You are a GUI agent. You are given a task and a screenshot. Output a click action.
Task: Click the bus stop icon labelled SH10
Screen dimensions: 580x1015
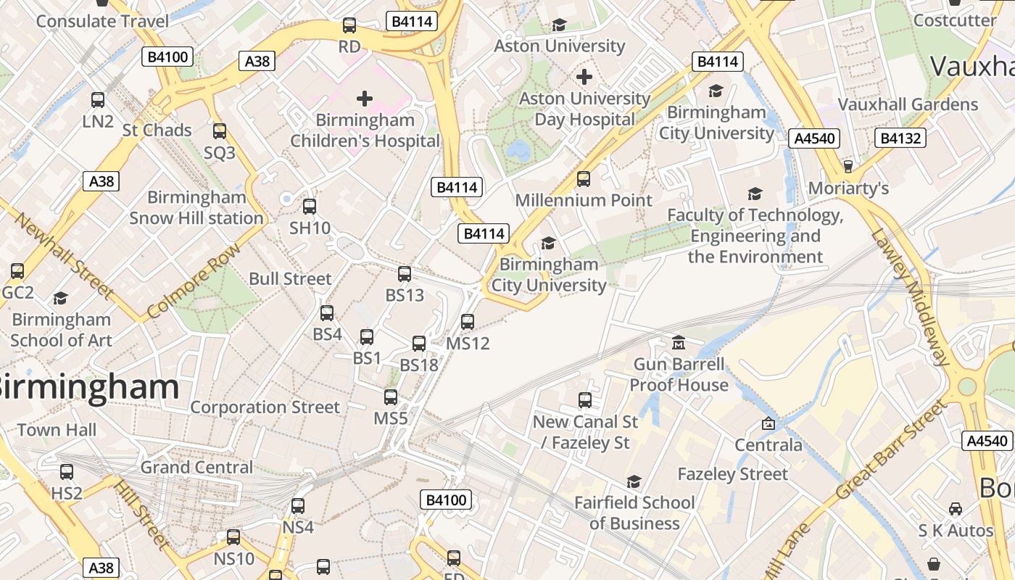[310, 207]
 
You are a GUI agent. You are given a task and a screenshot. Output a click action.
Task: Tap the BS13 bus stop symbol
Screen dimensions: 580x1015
[405, 274]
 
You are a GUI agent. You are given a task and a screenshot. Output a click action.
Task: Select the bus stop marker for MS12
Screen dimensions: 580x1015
[468, 321]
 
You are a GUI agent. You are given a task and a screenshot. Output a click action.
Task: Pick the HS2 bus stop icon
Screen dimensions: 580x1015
[67, 472]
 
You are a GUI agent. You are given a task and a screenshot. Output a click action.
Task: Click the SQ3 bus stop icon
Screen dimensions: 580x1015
[219, 131]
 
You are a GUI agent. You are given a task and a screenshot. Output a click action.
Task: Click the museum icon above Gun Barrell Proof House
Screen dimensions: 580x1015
[679, 342]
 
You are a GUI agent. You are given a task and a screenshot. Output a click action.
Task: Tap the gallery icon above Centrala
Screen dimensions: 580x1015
[768, 423]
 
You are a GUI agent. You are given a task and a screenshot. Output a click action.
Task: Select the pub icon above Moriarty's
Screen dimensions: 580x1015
[848, 167]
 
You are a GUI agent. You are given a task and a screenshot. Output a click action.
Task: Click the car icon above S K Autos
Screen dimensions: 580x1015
[956, 509]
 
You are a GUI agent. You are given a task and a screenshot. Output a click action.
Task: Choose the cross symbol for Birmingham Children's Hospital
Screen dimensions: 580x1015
[365, 99]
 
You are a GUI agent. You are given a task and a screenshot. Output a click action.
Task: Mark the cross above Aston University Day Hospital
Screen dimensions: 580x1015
[584, 77]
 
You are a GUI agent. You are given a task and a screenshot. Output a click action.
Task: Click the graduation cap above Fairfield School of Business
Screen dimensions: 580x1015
[634, 481]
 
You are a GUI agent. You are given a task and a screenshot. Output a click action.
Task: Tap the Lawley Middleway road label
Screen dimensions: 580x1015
[911, 297]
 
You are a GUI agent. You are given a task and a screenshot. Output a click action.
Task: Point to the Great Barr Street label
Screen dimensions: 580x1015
[892, 449]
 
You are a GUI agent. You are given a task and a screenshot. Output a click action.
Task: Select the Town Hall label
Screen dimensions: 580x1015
[57, 430]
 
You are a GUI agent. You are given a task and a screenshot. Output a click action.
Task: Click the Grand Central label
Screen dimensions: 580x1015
[197, 467]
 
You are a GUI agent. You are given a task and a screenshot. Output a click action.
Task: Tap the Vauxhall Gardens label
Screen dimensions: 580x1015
[908, 104]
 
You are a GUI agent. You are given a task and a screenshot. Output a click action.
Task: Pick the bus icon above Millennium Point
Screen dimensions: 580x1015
[584, 179]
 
